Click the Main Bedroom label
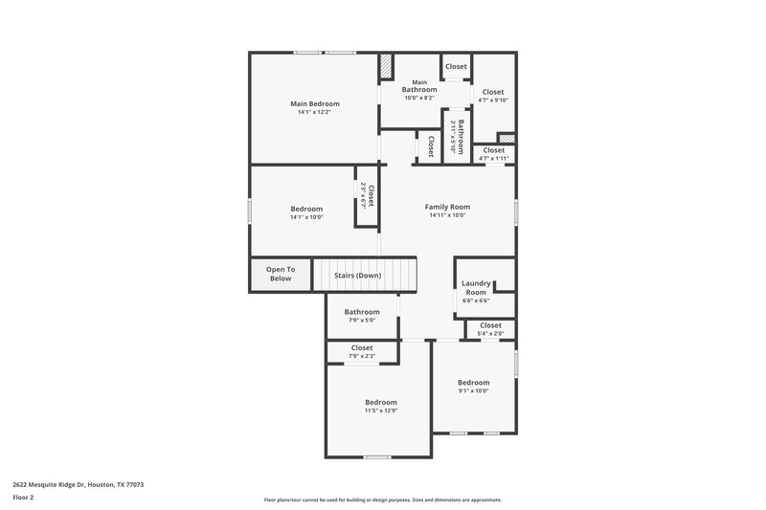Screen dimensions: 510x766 314,103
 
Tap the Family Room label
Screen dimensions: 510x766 447,207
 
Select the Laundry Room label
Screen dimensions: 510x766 476,287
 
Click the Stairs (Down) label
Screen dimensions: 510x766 357,276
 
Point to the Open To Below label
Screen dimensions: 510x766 281,274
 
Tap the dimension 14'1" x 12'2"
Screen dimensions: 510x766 314,113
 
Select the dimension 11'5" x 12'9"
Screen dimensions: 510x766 380,411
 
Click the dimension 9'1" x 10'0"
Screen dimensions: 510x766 473,391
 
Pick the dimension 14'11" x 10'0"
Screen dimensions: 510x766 447,215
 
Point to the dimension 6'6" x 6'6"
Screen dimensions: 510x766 476,301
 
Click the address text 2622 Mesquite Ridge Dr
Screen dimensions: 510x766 78,485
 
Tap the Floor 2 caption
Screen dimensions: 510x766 24,498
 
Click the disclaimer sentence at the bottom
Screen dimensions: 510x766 382,499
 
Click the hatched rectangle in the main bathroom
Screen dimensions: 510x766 386,66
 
